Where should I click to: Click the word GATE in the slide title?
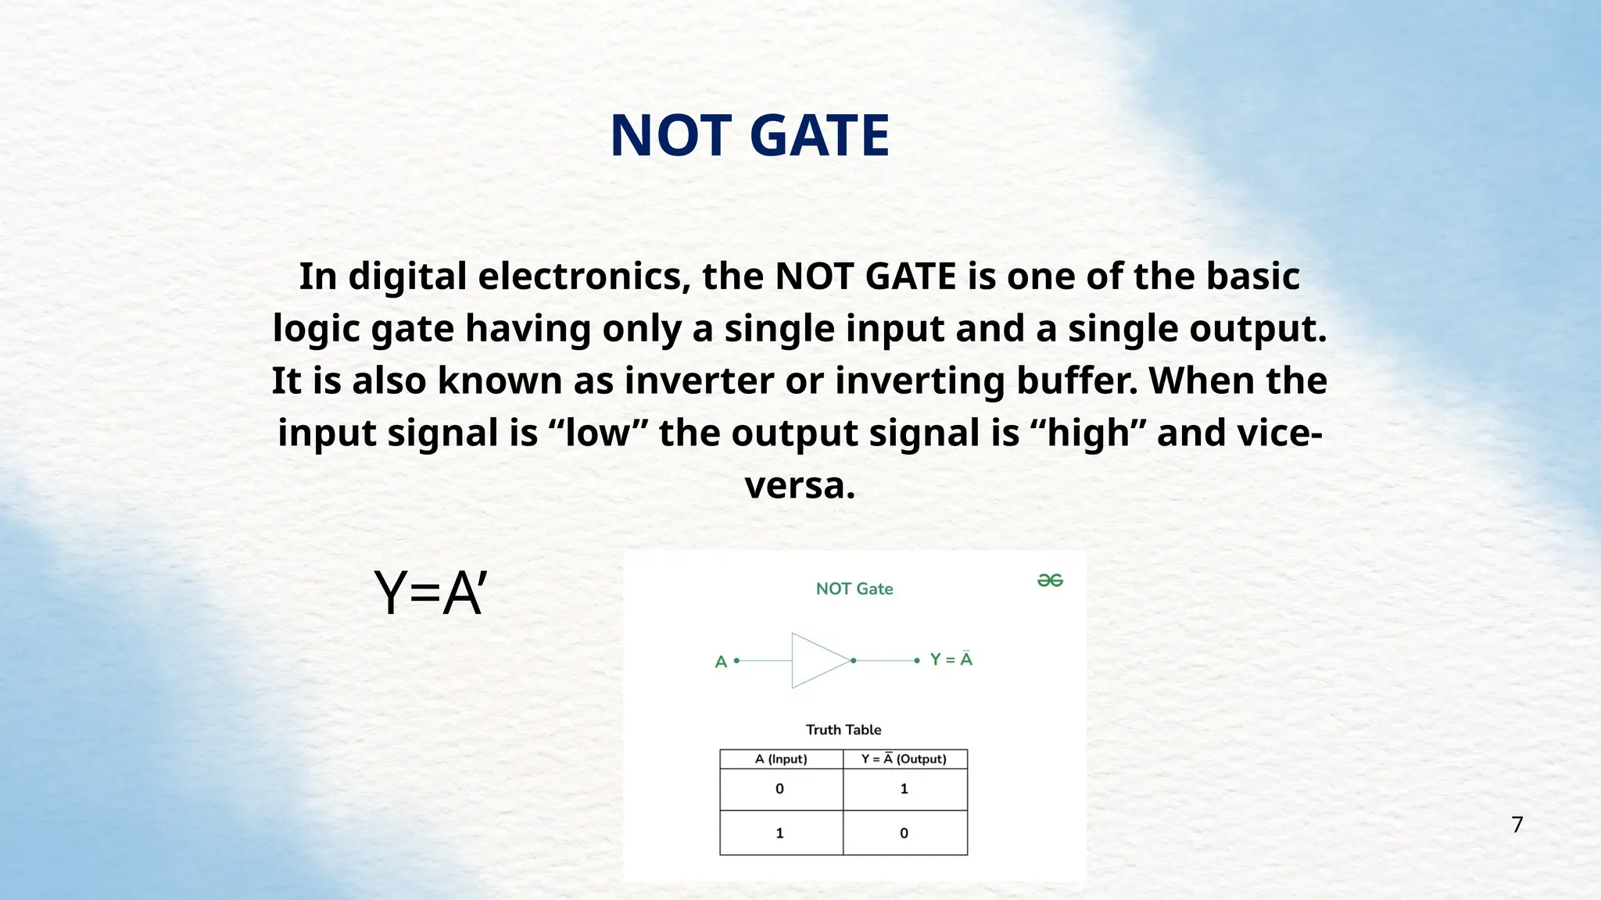818,136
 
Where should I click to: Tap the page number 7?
1517,824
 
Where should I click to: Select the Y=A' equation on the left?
431,594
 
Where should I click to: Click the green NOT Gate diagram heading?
854,589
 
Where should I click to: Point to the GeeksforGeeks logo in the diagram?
1050,580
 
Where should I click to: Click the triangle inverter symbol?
818,661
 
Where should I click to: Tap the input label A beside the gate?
721,662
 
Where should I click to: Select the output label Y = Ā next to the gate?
951,660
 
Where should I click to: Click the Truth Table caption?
843,730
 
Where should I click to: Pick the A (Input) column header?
781,759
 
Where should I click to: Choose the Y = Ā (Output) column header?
904,759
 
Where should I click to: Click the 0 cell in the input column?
779,789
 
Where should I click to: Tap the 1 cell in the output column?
904,789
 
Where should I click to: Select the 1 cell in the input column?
779,834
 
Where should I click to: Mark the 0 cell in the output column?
904,834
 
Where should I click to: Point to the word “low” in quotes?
598,434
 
